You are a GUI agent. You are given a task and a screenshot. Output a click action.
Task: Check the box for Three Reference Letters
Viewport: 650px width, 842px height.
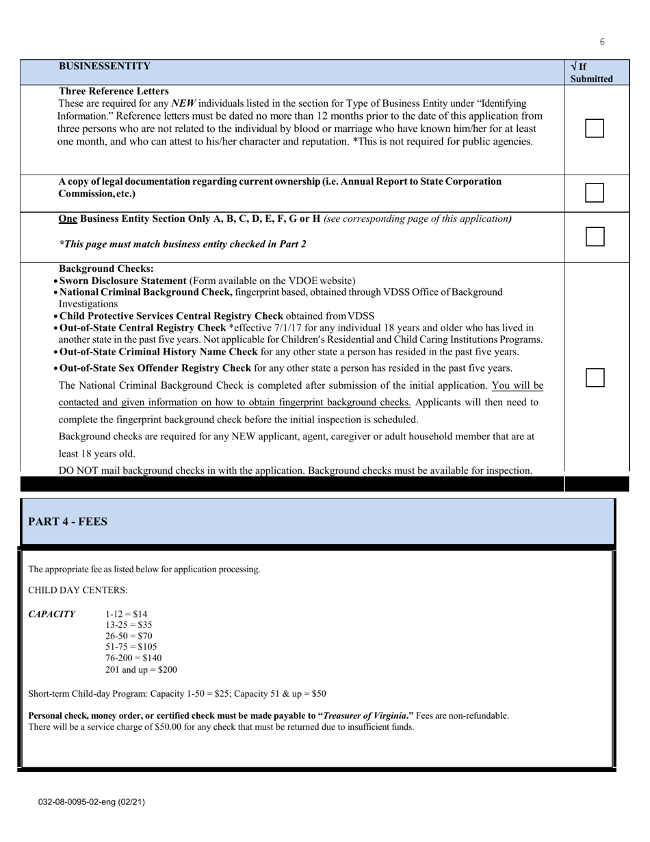click(x=595, y=128)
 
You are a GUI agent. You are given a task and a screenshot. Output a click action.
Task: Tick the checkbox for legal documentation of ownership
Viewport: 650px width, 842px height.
click(x=595, y=193)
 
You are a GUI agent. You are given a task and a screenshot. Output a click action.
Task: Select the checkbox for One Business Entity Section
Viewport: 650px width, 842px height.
click(x=595, y=237)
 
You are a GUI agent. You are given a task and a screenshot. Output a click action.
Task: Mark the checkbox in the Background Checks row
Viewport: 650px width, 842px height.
click(x=595, y=378)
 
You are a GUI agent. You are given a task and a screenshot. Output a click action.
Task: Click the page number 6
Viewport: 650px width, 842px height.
click(x=602, y=42)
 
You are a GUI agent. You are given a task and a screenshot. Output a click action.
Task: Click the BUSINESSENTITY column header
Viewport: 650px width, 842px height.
click(x=104, y=66)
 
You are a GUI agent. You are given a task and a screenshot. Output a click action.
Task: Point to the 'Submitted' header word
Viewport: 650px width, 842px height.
click(x=591, y=79)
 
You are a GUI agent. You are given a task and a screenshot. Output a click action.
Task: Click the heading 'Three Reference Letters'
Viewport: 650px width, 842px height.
click(x=114, y=91)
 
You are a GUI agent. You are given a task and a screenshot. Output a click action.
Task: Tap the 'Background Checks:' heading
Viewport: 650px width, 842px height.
click(x=106, y=269)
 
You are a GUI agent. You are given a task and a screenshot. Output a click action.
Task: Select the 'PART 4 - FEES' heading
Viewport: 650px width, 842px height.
click(x=68, y=522)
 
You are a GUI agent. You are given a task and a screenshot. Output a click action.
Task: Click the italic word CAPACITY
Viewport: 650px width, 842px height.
click(x=52, y=614)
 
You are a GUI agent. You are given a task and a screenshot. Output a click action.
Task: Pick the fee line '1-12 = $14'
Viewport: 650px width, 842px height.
click(x=126, y=614)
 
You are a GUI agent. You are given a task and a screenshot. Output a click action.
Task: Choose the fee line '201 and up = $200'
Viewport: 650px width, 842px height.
click(x=141, y=669)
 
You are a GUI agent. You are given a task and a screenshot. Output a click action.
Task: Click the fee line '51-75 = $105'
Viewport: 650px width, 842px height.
click(x=131, y=647)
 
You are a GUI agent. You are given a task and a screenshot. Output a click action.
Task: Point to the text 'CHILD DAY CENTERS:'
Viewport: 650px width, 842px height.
click(x=77, y=590)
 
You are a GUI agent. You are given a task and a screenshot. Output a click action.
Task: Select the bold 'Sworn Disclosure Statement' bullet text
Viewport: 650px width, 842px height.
click(x=123, y=281)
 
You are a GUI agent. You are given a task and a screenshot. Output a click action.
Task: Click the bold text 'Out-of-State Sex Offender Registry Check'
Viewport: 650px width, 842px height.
click(x=155, y=368)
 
